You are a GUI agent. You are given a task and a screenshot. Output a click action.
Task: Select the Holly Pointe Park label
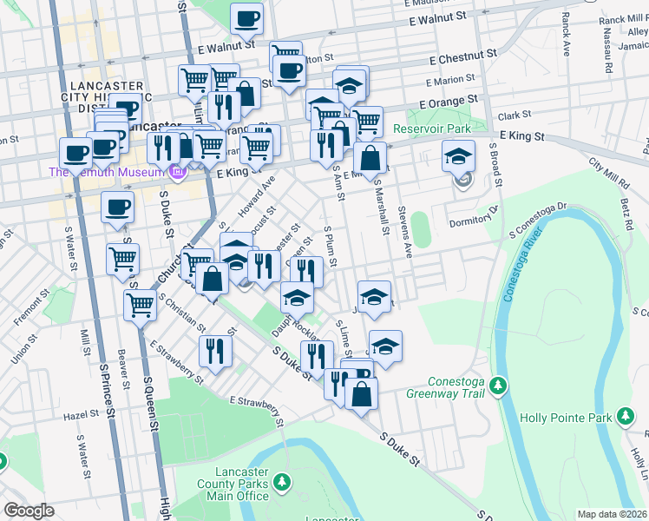pos(565,418)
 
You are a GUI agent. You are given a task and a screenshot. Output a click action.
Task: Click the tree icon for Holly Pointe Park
pos(624,418)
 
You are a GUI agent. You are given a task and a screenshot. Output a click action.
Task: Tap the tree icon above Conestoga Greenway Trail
pos(498,383)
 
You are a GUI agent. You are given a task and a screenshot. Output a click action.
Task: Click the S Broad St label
pos(496,164)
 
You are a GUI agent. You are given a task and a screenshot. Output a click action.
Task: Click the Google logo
pos(29,511)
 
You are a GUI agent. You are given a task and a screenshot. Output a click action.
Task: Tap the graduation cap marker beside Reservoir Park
pos(460,158)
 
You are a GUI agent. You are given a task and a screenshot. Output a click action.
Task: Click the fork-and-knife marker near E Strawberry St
pos(214,351)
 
